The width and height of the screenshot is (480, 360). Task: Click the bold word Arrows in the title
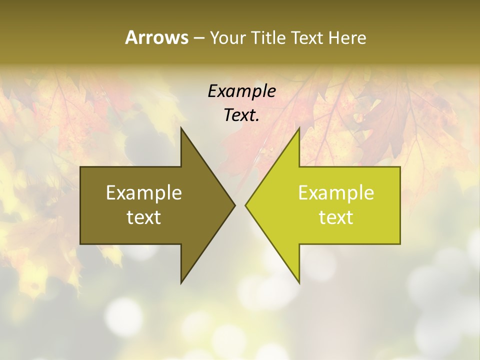tap(156, 37)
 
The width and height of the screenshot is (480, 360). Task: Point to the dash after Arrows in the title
tap(198, 38)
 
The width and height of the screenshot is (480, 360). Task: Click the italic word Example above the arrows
tap(241, 91)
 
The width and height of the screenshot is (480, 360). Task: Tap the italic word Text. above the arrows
tap(241, 115)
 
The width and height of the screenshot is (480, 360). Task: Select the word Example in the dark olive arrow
tap(144, 192)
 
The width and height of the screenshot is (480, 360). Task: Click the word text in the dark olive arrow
tap(144, 217)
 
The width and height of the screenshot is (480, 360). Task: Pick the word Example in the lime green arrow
tap(336, 192)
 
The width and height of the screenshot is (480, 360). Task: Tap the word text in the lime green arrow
tap(336, 217)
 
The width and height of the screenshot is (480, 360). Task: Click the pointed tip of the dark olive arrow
tap(234, 205)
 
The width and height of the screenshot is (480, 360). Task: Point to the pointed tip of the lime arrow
tap(245, 205)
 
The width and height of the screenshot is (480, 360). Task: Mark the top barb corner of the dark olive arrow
tap(181, 128)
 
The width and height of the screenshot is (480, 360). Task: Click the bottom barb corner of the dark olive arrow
tap(181, 282)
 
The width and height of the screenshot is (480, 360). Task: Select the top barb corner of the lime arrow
tap(299, 128)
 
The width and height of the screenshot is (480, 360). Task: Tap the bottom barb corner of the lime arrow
tap(299, 282)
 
